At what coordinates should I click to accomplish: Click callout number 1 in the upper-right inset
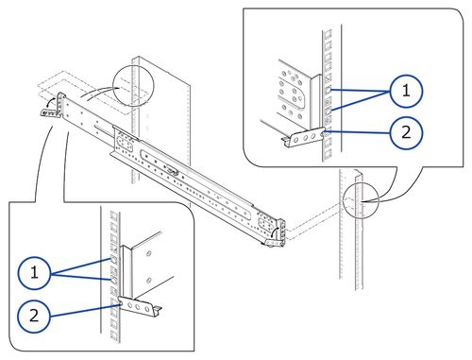[x=406, y=91]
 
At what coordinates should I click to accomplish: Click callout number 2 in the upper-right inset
[x=406, y=132]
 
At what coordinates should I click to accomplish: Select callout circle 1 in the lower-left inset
[x=34, y=273]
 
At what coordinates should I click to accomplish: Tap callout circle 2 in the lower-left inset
[x=34, y=316]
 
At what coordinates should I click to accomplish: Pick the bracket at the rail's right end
[x=275, y=234]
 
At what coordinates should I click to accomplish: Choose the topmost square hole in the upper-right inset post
[x=329, y=38]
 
